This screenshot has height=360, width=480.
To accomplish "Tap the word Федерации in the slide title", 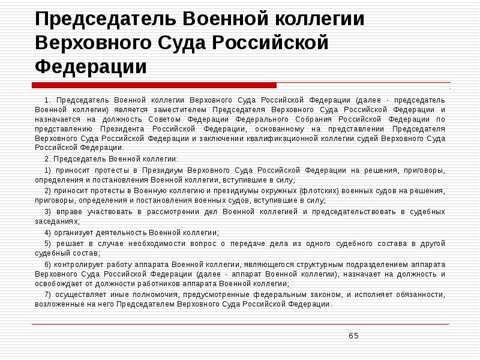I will coord(90,66).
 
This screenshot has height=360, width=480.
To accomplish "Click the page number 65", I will coord(353,335).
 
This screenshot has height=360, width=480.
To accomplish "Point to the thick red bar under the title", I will coord(155,85).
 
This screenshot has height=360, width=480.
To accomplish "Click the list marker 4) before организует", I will coord(48,232).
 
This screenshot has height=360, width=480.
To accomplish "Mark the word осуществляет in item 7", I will coord(77,295).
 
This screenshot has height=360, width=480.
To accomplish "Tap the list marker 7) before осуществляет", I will coord(48,295).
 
